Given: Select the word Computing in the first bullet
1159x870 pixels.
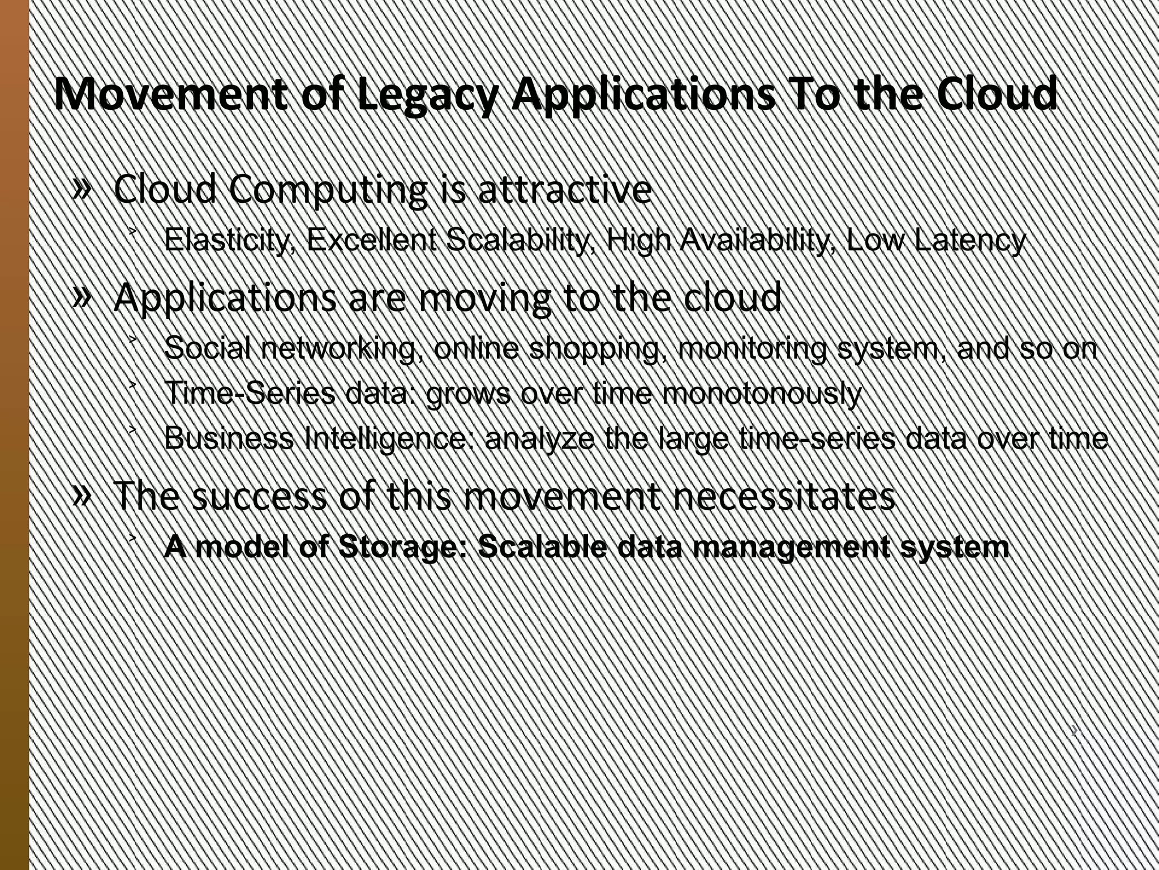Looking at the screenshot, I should pyautogui.click(x=328, y=190).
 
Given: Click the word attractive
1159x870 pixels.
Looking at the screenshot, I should pyautogui.click(x=565, y=189).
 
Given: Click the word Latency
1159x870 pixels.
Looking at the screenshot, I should pyautogui.click(x=969, y=241).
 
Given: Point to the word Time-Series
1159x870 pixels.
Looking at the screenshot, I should pyautogui.click(x=250, y=393).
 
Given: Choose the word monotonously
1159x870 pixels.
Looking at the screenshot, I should pyautogui.click(x=762, y=394).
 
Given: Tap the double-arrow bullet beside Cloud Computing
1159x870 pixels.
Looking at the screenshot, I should pyautogui.click(x=82, y=189).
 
